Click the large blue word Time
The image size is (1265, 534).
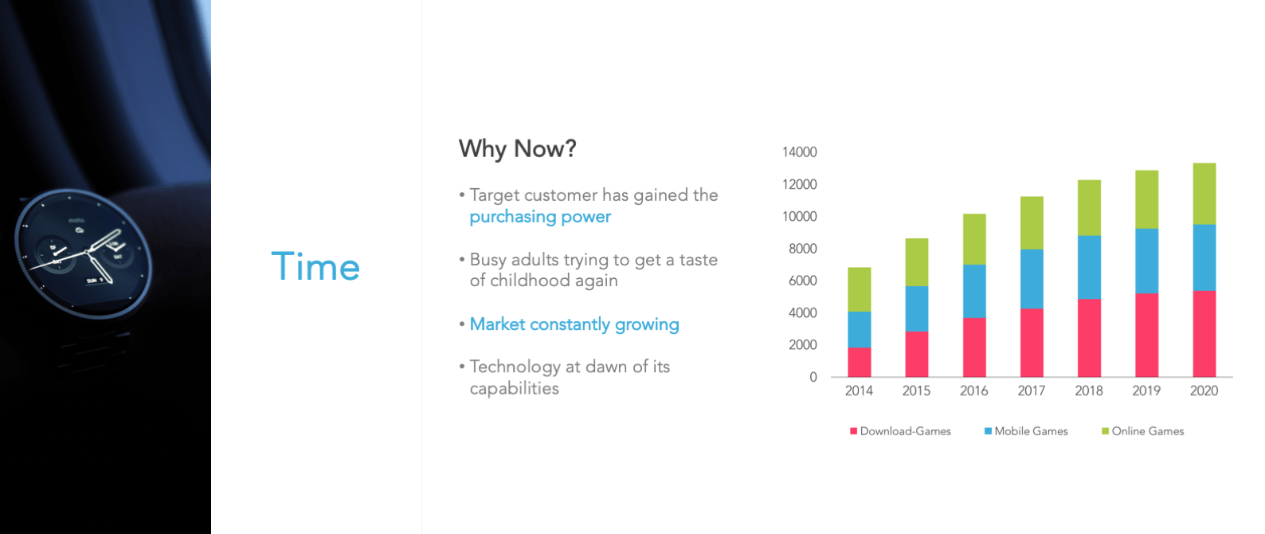315,266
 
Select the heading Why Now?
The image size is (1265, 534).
517,148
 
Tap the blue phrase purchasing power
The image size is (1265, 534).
540,217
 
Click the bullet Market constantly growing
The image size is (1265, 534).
574,324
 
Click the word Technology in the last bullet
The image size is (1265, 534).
515,367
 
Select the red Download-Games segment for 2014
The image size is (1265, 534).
859,362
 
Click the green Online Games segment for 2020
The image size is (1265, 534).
1204,194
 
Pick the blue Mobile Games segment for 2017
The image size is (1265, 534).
1032,279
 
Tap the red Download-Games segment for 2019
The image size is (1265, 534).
1146,335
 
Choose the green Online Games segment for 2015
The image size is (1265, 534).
917,262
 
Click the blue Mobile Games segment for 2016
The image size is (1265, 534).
974,292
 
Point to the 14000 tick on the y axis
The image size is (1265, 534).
799,152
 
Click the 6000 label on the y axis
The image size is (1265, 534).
802,281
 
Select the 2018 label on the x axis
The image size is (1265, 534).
1089,391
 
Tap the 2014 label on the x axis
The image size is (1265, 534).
859,391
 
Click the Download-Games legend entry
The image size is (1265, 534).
900,431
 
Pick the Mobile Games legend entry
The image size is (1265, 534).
1026,431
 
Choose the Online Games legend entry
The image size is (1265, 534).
1143,431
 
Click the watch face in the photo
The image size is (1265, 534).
84,253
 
